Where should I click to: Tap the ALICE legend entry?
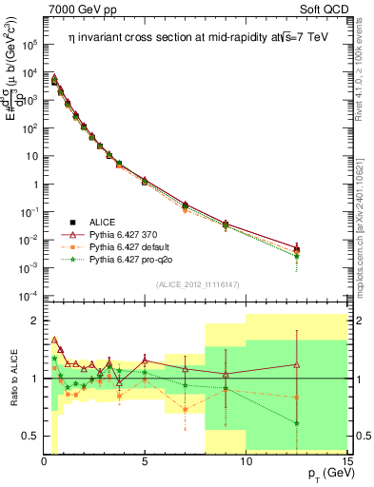pyautogui.click(x=102, y=219)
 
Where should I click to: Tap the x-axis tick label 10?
pyautogui.click(x=246, y=462)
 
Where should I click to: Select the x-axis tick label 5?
pyautogui.click(x=145, y=462)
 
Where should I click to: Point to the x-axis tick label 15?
pyautogui.click(x=345, y=462)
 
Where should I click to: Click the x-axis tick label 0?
pyautogui.click(x=44, y=462)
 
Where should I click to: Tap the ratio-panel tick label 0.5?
pyautogui.click(x=28, y=436)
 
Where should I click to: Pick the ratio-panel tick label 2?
pyautogui.click(x=33, y=321)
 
